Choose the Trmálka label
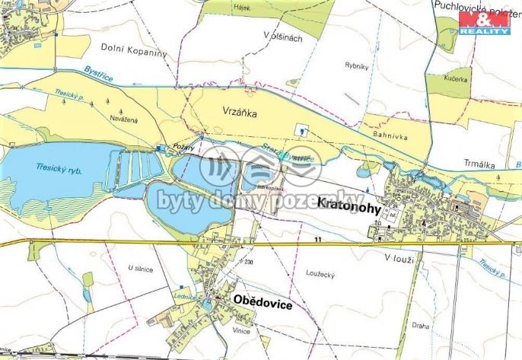480,161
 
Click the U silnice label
141,268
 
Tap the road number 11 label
317,239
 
